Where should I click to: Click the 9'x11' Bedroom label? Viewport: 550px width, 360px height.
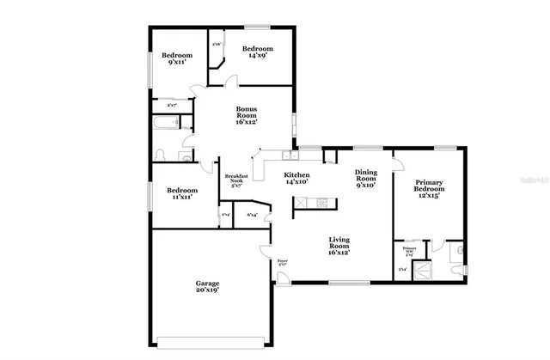pos(180,58)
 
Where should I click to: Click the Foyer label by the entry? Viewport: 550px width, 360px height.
pos(281,260)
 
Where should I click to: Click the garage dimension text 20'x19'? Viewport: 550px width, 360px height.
pos(206,290)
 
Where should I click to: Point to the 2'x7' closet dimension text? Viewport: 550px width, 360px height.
pos(172,105)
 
